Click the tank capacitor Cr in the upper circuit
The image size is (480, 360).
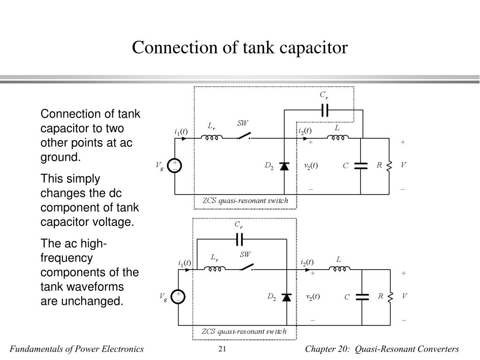[325, 110]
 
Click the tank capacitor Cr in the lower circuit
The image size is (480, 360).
[240, 240]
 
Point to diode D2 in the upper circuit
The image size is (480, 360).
[285, 166]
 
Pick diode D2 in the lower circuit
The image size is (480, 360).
[286, 297]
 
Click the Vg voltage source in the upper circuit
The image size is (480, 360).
[175, 166]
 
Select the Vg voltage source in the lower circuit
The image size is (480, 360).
[178, 297]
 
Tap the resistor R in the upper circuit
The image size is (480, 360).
[389, 166]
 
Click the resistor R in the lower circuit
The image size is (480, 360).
[390, 297]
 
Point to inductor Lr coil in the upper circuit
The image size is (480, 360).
[211, 137]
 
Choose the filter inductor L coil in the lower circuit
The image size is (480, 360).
[340, 269]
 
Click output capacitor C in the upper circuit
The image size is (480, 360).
[360, 166]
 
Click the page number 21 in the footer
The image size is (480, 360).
[222, 349]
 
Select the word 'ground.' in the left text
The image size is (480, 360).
[60, 157]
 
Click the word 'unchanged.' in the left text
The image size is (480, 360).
[82, 301]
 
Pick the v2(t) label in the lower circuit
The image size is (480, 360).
[313, 297]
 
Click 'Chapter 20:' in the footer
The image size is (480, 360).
[327, 349]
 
